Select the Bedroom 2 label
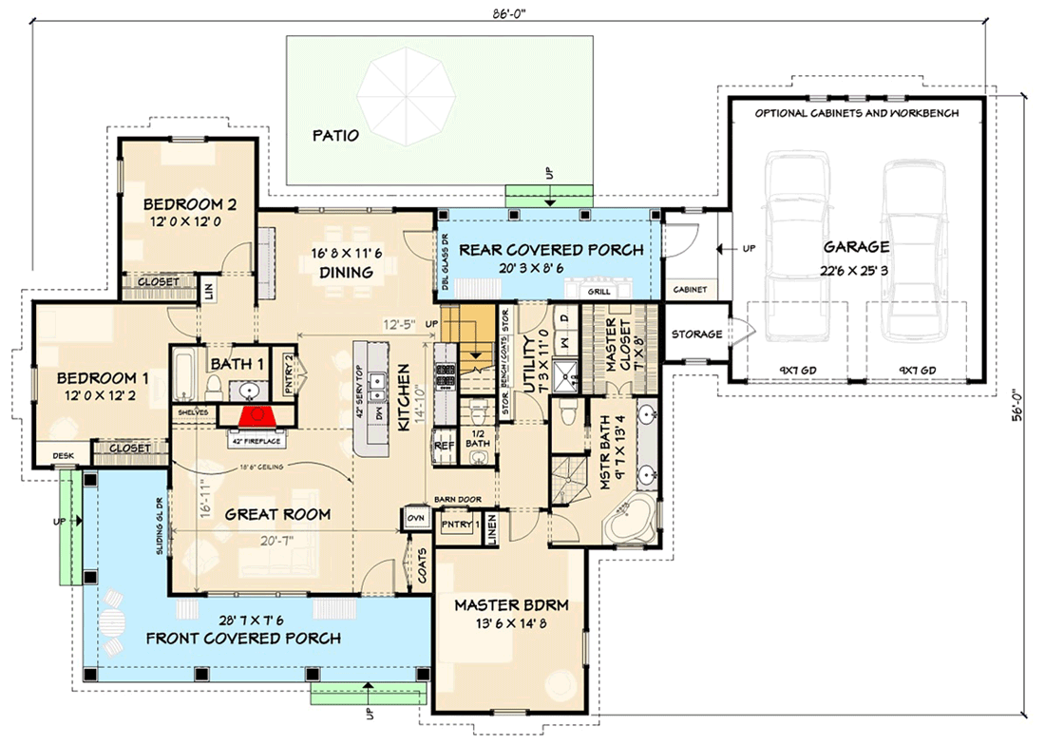pyautogui.click(x=182, y=203)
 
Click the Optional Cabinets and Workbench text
pyautogui.click(x=856, y=112)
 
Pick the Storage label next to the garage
pyautogui.click(x=697, y=334)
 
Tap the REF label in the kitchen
pyautogui.click(x=444, y=444)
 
